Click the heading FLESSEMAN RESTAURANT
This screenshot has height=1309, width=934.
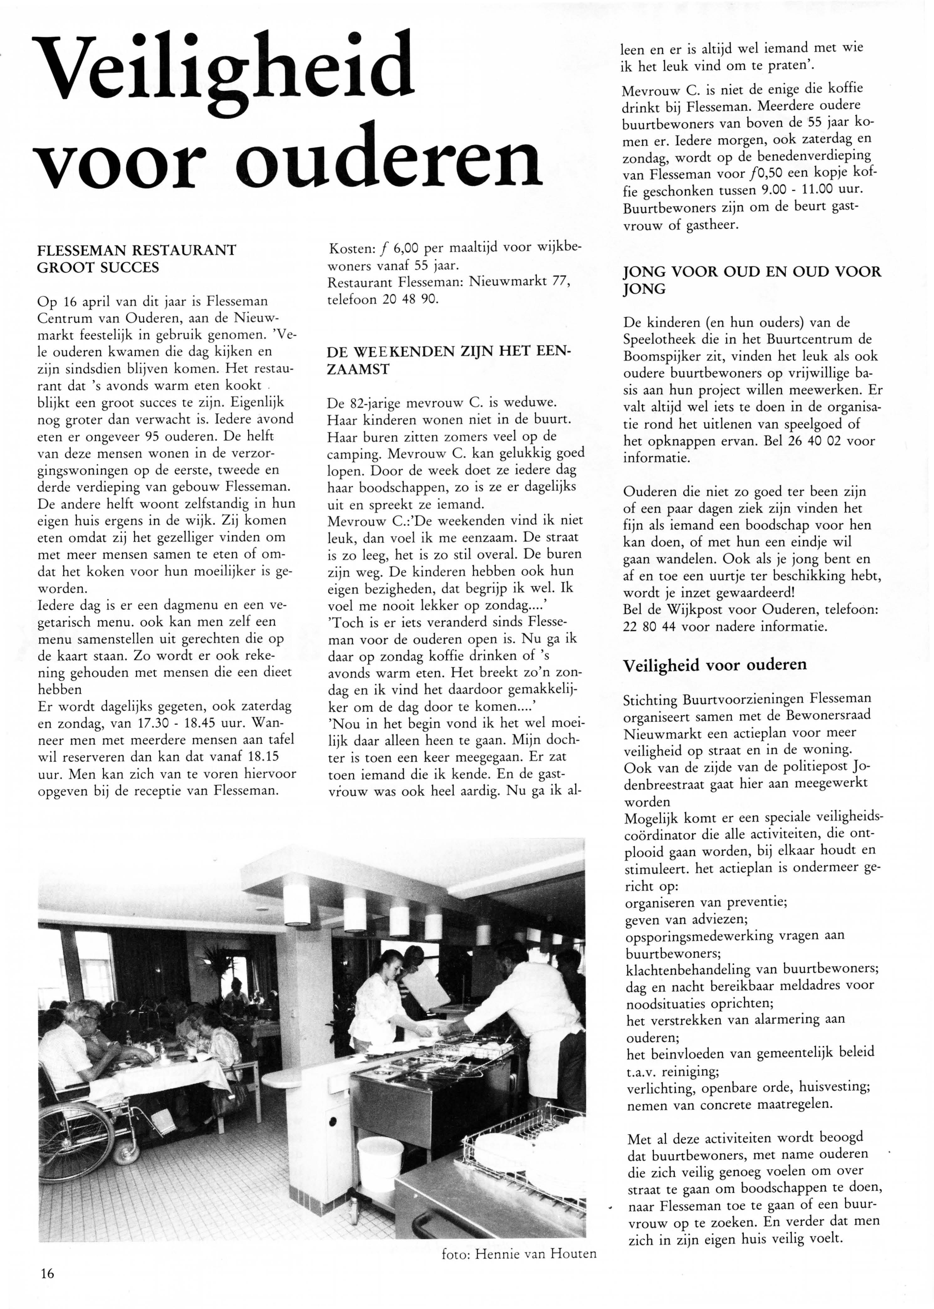136,250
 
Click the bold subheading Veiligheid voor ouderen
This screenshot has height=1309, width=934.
715,665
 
